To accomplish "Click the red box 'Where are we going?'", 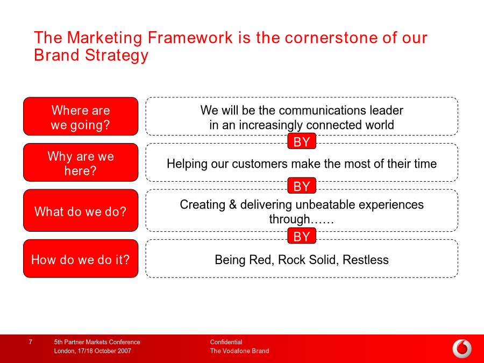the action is click(x=81, y=116).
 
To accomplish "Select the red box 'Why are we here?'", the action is click(x=81, y=162).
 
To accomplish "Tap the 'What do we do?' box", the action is click(x=81, y=210).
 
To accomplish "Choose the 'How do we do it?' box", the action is click(x=81, y=259).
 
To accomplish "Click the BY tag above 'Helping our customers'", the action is click(x=302, y=141).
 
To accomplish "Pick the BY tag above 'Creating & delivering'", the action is click(x=302, y=186).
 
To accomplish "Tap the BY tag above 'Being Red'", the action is click(x=302, y=236).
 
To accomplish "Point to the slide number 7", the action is click(x=30, y=341).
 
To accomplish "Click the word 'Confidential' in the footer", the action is click(x=226, y=342).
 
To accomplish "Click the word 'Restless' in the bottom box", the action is click(x=366, y=260).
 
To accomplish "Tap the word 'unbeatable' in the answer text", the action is click(x=324, y=205).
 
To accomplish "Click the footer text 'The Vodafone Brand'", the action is click(x=239, y=351).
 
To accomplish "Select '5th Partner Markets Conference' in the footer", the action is click(x=97, y=342).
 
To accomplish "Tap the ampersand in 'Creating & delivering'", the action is click(x=233, y=205).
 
